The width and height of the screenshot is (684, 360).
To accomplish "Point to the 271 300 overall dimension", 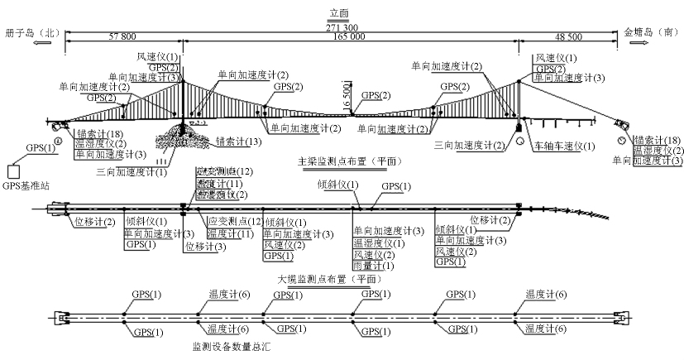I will pos(341,27).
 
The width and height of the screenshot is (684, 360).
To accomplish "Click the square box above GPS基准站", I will pos(14,171).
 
